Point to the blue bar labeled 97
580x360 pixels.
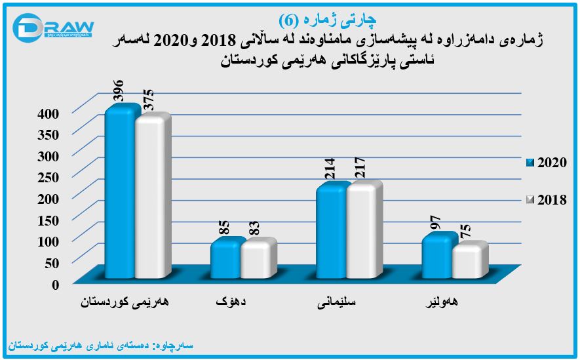436,256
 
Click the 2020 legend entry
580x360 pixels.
547,163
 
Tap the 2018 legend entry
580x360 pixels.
547,201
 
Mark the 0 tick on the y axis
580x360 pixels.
56,285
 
